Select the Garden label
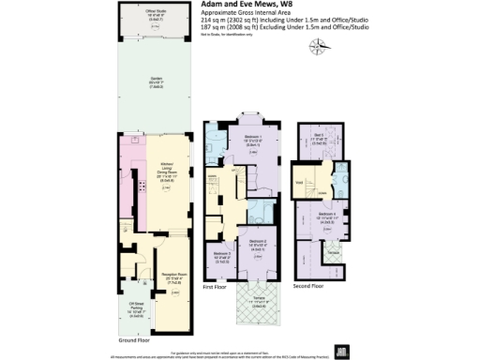click(155, 82)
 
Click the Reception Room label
click(155, 277)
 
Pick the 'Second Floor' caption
click(308, 284)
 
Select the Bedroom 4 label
click(326, 218)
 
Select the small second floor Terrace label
click(331, 253)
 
